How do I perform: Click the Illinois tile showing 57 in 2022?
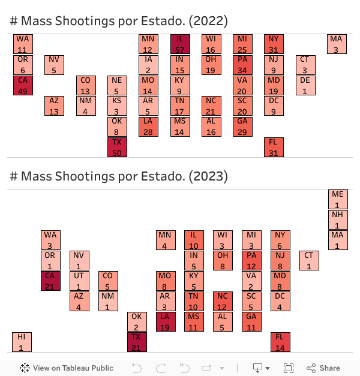coord(180,44)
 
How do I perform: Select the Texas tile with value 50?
coord(118,148)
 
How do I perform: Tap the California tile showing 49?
coord(23,85)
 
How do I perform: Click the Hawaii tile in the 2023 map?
coord(22,342)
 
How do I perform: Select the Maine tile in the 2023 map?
coord(338,199)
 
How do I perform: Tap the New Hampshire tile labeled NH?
coord(338,219)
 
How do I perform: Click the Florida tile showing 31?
coord(274,148)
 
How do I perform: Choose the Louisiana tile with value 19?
coord(166,321)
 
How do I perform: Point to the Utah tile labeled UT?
coord(79,281)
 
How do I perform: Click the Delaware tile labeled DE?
coord(305,85)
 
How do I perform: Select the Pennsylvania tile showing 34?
coord(242,65)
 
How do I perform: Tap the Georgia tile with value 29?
coord(242,127)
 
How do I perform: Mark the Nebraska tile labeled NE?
coord(118,85)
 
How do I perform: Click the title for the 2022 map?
coord(119,21)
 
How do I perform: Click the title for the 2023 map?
coord(119,176)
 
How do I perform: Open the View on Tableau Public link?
coord(67,368)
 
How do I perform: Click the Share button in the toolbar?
coord(323,368)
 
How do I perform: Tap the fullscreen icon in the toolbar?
coord(289,368)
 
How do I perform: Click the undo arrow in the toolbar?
coord(137,368)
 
